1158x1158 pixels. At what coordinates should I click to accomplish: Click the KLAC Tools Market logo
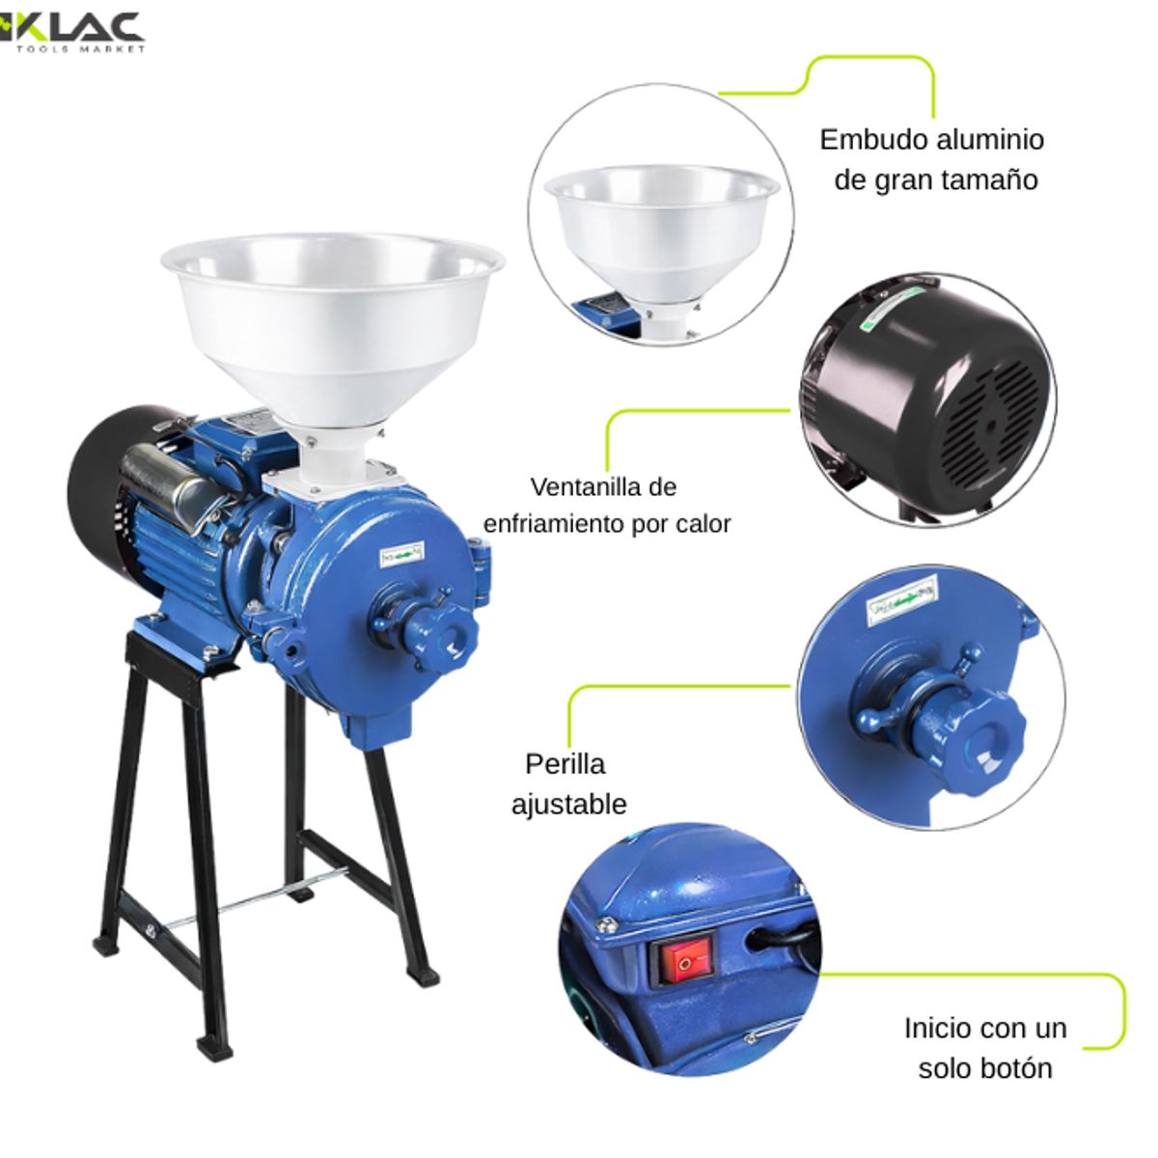[x=72, y=31]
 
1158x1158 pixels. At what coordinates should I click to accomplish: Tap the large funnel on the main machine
[x=332, y=318]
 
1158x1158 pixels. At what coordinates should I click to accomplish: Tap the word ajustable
[x=568, y=804]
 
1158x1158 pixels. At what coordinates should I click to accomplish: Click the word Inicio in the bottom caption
[x=939, y=1028]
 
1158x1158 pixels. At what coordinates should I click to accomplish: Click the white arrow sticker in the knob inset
[x=902, y=599]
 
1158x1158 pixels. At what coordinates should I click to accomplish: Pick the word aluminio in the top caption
[x=988, y=139]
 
